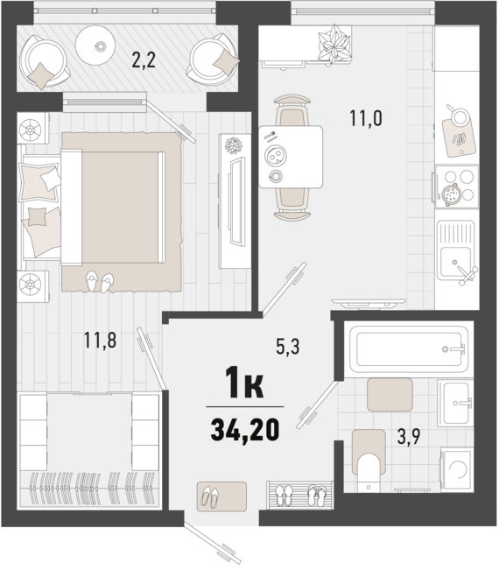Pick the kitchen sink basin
point(456,257)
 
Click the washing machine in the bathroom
point(457,474)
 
